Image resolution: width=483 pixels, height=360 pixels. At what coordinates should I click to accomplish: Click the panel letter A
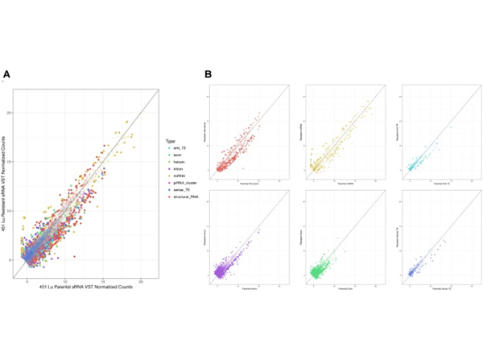6,75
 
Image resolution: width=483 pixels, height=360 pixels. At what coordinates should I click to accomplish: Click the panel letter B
208,75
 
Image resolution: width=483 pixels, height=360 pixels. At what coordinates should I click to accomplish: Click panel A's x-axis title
85,289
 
